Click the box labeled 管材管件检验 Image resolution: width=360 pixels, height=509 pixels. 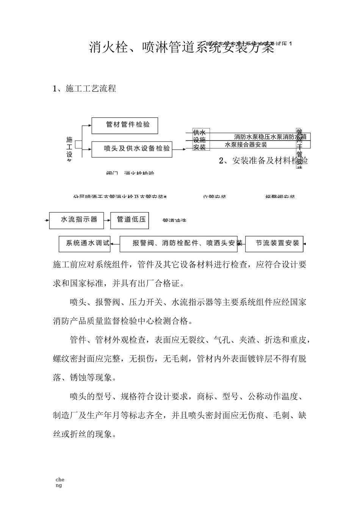pyautogui.click(x=125, y=125)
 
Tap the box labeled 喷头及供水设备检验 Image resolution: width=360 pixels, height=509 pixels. pyautogui.click(x=131, y=149)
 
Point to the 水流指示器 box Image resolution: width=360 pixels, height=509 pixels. pyautogui.click(x=77, y=220)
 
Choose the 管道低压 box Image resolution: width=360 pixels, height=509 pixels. pyautogui.click(x=130, y=220)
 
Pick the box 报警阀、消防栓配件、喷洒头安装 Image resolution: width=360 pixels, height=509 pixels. pyautogui.click(x=182, y=243)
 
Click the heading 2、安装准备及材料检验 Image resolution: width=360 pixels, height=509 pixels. pyautogui.click(x=263, y=161)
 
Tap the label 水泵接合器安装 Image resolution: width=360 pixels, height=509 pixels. pyautogui.click(x=246, y=144)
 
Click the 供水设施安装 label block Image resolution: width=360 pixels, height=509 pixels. pyautogui.click(x=199, y=140)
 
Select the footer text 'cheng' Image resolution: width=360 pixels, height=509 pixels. pyautogui.click(x=59, y=482)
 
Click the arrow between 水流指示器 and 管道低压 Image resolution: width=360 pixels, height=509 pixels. pyautogui.click(x=107, y=220)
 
